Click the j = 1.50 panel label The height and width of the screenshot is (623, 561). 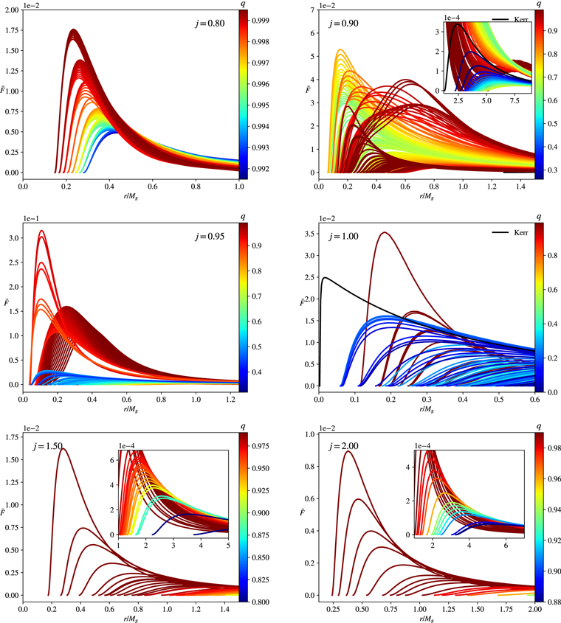(x=47, y=447)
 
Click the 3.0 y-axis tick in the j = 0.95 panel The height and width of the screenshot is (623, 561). (x=13, y=238)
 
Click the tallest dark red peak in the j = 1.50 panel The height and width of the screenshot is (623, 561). (x=62, y=448)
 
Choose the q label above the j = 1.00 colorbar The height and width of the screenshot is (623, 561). (x=539, y=216)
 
